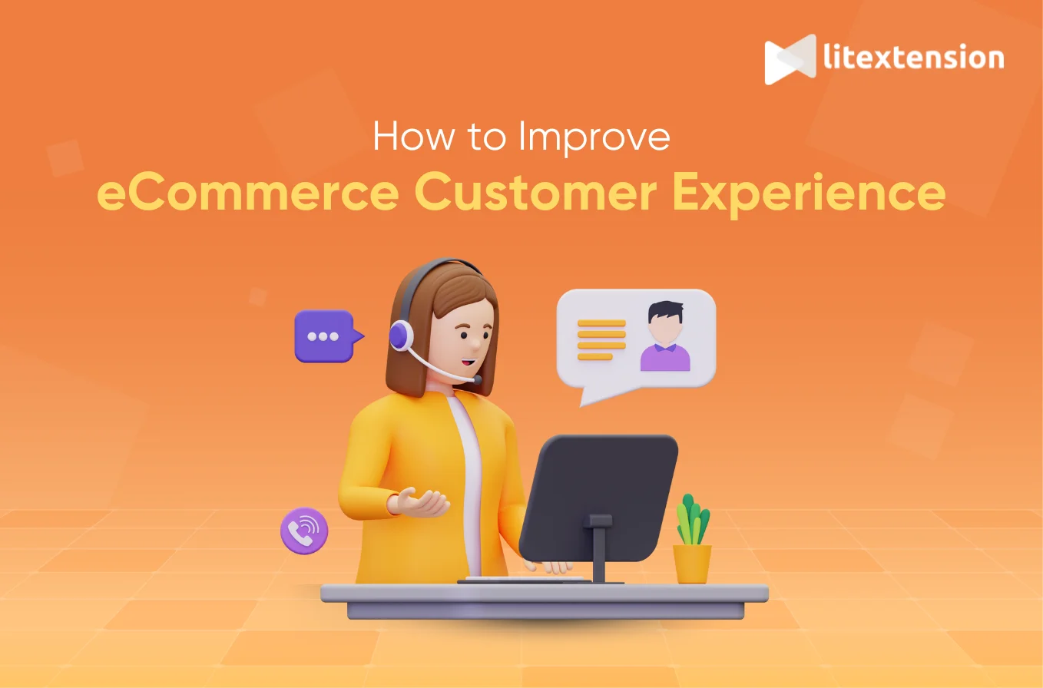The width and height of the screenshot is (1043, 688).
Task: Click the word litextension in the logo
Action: pos(912,58)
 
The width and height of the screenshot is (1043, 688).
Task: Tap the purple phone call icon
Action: pos(304,531)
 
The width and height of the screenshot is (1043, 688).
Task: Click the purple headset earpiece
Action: pos(400,336)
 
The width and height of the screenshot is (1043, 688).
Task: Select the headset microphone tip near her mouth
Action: pos(477,379)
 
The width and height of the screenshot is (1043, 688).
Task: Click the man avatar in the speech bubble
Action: pos(664,337)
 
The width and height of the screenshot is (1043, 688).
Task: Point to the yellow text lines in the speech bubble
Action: pos(601,339)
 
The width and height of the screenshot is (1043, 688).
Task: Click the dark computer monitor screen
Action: pos(599,495)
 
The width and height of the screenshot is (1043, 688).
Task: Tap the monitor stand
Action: pos(598,547)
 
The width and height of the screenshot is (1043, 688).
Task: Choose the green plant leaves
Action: pos(693,520)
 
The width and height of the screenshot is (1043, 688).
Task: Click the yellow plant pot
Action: pos(692,563)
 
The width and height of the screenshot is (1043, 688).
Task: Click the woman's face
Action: pos(465,335)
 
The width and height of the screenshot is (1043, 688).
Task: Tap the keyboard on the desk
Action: pos(507,577)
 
